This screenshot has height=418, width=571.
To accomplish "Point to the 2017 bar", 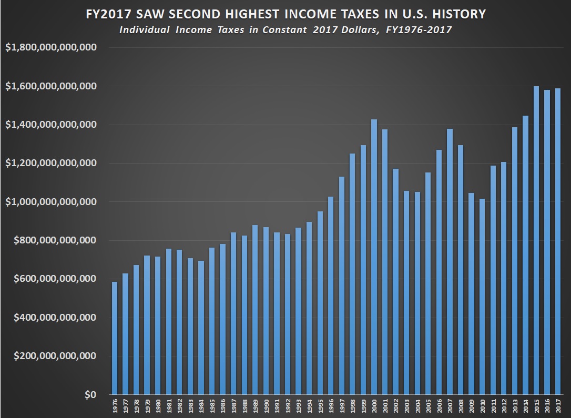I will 558,241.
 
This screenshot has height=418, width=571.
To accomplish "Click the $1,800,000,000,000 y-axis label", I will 50,47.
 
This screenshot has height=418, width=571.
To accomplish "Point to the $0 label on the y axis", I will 90,395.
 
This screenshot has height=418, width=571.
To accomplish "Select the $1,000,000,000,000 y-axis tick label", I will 50,202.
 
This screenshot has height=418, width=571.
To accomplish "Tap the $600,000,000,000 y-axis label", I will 50,279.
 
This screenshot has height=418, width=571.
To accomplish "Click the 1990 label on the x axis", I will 266,406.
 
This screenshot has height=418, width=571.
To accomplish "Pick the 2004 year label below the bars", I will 417,406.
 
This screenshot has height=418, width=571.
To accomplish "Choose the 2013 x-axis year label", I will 515,406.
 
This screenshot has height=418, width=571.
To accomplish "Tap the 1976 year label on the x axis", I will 115,406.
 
